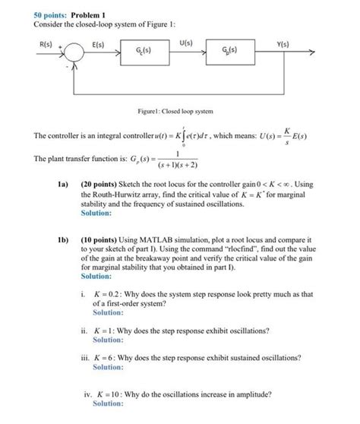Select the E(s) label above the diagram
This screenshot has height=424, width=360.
(99, 46)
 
